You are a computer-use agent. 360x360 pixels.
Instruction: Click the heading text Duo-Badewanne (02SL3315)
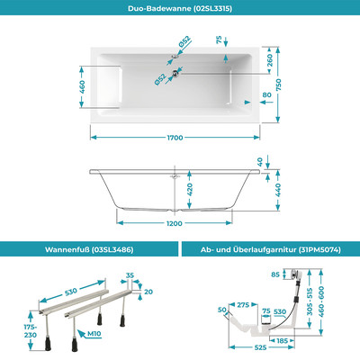coord(179,10)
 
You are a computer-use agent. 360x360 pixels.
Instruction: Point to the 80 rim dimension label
coord(267,93)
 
